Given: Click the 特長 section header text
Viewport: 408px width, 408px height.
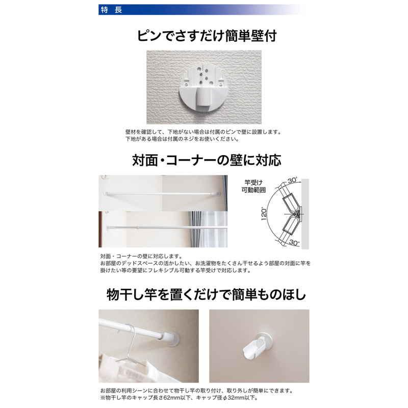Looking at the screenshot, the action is click(x=111, y=10).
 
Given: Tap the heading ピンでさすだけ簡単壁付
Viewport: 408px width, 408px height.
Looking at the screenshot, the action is click(x=207, y=36).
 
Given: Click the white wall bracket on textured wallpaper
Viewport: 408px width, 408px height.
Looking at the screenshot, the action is click(x=202, y=87).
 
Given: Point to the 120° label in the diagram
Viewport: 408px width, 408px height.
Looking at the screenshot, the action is click(x=264, y=214).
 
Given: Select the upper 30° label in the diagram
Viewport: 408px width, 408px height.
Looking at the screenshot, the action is click(x=293, y=180).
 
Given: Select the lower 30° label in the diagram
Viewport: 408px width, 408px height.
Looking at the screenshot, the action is click(x=294, y=243).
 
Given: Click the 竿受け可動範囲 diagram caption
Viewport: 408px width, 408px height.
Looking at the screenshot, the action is click(x=253, y=186).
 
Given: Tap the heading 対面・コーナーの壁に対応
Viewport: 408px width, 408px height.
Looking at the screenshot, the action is click(x=207, y=160).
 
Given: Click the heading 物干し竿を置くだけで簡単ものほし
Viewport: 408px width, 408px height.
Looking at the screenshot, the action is click(x=207, y=295).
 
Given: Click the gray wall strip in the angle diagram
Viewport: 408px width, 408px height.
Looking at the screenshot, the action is click(x=305, y=214).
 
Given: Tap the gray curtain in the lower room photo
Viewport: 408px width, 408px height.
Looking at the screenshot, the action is click(x=195, y=229).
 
